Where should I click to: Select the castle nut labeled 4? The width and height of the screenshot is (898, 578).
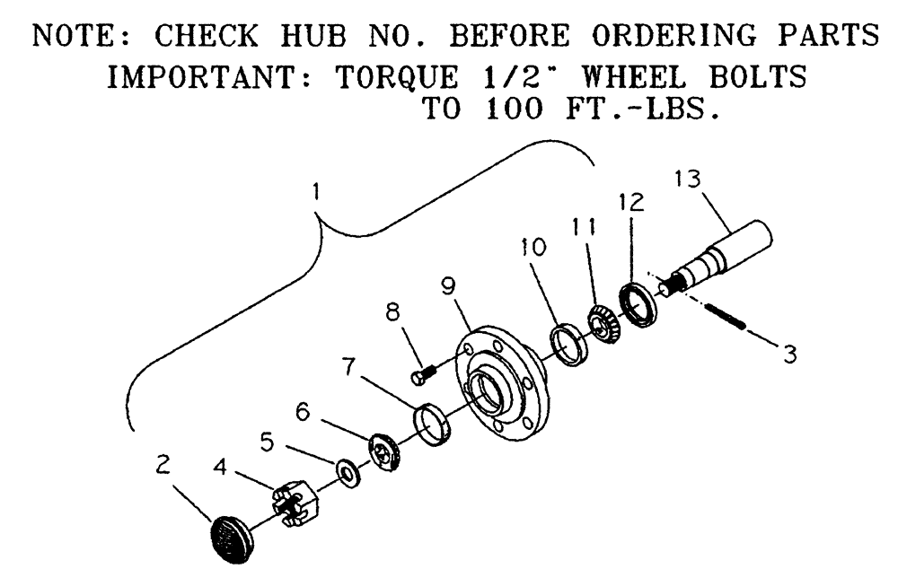coord(292,504)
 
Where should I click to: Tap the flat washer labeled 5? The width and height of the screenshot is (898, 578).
coord(346,471)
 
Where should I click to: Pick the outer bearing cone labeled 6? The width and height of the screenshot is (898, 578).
coord(385,449)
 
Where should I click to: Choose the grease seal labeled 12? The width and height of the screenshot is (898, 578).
coord(638,302)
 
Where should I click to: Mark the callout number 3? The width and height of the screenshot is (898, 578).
coord(789,355)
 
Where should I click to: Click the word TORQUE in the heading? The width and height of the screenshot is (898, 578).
coord(396,78)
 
